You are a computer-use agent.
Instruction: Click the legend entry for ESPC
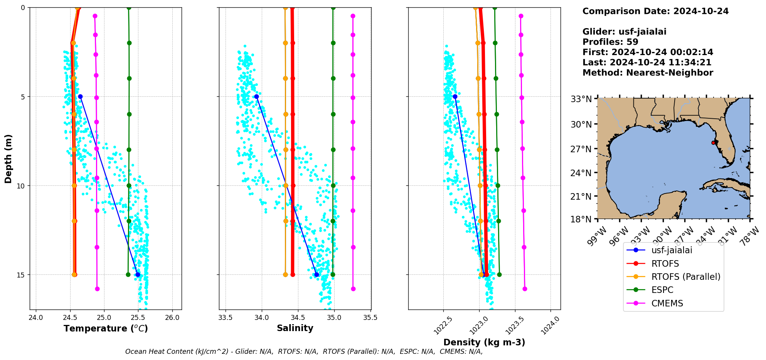pos(662,290)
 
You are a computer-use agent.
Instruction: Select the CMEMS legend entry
pos(667,303)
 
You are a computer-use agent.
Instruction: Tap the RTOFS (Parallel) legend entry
pos(685,277)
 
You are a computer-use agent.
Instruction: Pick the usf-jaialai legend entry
pos(672,250)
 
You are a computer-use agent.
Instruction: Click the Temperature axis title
pos(106,328)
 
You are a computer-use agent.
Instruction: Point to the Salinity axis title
pos(295,328)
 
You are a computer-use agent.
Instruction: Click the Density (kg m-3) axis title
pos(484,342)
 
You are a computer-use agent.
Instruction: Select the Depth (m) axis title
pos(8,158)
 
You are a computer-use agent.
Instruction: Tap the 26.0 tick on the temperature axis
pos(172,318)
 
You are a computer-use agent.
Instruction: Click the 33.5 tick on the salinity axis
pos(226,318)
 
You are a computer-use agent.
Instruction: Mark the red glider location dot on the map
pos(713,143)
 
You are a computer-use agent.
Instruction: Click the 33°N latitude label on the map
pos(581,99)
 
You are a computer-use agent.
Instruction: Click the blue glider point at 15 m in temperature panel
pos(138,274)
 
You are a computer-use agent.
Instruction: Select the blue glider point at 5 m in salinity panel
pos(256,96)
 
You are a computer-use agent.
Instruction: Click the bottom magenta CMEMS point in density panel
pos(525,289)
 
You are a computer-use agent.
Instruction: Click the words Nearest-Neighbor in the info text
pos(670,73)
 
